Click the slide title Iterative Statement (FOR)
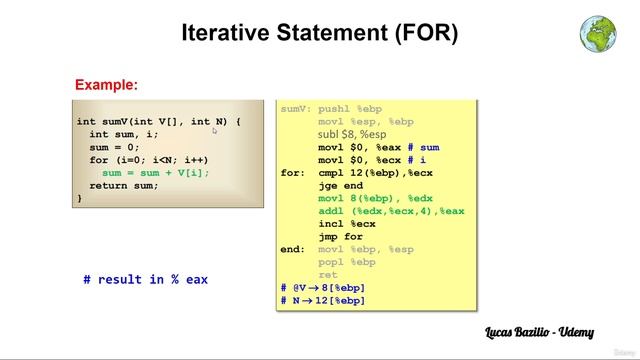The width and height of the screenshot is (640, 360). coord(319,33)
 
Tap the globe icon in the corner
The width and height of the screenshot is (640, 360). coord(597,33)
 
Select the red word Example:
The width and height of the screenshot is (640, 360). coord(106,85)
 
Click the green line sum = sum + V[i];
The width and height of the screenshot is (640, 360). coord(156,173)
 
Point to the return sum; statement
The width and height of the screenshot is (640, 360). coord(124,186)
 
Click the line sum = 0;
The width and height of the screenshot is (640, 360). coord(116,147)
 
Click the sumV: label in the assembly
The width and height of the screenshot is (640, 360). coord(296,109)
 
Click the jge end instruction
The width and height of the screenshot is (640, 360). coord(340,185)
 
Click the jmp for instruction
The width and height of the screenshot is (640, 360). coord(340,237)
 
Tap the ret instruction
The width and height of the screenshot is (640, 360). coord(328,275)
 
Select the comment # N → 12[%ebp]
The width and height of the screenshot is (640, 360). coord(322,300)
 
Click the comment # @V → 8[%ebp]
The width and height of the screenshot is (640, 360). coord(322,288)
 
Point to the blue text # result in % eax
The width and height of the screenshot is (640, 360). coord(145,280)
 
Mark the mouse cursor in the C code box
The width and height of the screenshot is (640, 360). coord(214,130)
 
